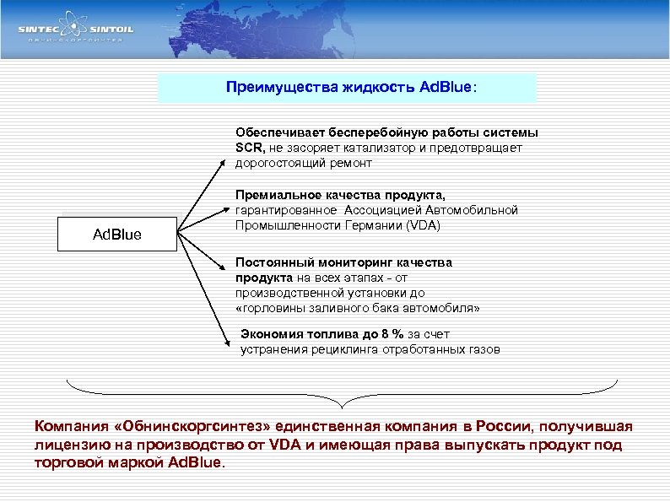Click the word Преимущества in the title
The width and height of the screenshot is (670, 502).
[273, 88]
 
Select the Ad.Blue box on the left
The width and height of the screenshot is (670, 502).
[116, 234]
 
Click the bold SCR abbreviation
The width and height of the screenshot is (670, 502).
[251, 148]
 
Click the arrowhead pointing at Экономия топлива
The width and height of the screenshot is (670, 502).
[229, 342]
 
